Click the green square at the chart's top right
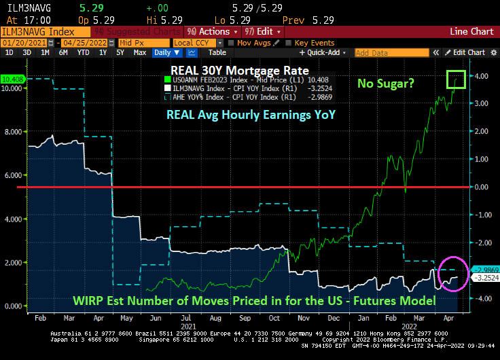click(456, 79)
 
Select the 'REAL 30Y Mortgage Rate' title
click(238, 71)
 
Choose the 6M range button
click(63, 52)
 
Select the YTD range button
click(83, 52)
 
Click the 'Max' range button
click(140, 52)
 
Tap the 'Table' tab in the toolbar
click(217, 52)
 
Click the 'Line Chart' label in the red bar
click(472, 31)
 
